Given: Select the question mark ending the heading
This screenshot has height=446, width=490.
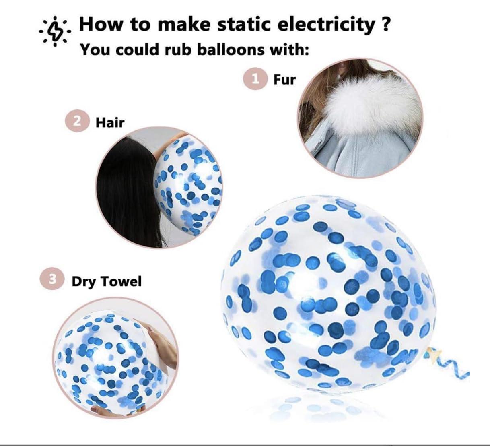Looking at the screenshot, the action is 385,24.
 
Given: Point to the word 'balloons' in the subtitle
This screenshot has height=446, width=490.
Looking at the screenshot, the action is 231,50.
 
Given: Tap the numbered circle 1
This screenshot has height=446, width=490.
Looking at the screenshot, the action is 255,79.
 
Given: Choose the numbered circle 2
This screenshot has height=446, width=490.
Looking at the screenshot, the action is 77,121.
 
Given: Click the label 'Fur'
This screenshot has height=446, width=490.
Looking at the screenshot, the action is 284,79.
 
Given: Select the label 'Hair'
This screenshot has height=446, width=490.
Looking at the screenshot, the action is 110,122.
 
